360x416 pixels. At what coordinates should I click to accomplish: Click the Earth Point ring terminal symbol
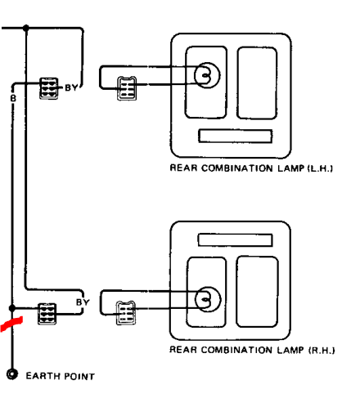pos(12,374)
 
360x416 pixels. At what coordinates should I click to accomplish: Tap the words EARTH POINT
pos(61,376)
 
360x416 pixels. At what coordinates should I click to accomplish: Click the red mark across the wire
pos(11,324)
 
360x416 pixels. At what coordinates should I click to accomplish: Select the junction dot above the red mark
pos(12,308)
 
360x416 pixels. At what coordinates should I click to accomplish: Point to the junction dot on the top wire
pos(26,28)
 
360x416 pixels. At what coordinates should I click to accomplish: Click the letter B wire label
pos(13,98)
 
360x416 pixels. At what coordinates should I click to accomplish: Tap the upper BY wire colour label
pos(71,87)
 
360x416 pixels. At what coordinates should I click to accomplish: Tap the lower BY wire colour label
pos(83,302)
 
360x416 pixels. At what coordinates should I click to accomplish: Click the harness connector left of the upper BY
pos(49,88)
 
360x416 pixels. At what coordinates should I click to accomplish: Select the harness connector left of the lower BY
pos(47,314)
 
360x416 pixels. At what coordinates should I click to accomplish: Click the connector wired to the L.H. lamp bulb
pos(127,88)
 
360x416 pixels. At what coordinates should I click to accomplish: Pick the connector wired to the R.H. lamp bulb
pos(126,313)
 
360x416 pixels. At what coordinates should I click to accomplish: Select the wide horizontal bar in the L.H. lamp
pos(236,136)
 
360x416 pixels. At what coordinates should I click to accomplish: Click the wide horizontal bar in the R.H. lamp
pos(235,240)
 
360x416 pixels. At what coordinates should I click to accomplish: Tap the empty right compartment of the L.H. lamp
pos(257,83)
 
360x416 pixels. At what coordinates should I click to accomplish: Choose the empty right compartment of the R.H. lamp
pos(257,292)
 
